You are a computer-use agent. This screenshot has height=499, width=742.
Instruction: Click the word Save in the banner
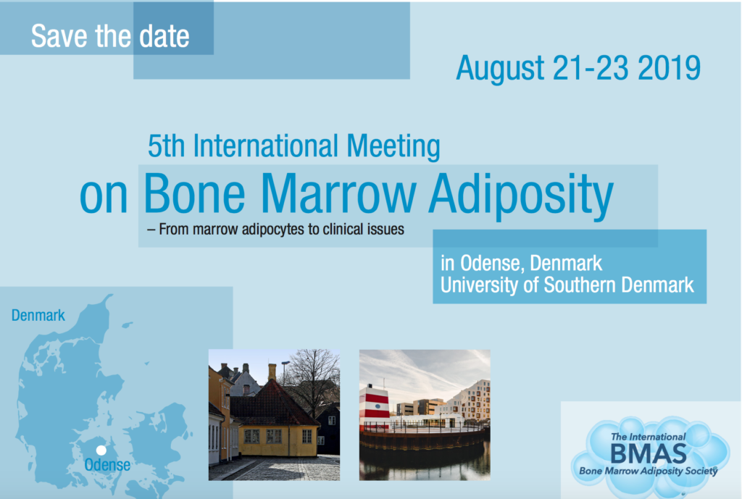[59, 36]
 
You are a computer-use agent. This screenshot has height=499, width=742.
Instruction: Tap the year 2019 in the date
[669, 68]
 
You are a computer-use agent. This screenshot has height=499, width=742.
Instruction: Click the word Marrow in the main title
[338, 193]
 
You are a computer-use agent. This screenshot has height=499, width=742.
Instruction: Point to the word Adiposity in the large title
[521, 196]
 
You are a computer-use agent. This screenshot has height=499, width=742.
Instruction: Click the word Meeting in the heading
[393, 146]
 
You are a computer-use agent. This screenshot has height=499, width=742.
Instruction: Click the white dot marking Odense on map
[101, 450]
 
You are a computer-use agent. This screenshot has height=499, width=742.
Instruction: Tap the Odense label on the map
[107, 465]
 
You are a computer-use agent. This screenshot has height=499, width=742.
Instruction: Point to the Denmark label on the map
[38, 316]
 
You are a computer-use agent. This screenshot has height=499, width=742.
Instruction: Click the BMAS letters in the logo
[649, 454]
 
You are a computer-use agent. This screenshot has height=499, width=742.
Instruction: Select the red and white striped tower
[375, 408]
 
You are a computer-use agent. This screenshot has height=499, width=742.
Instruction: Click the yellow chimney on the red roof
[272, 372]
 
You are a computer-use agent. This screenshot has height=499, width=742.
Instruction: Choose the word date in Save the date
[164, 36]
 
